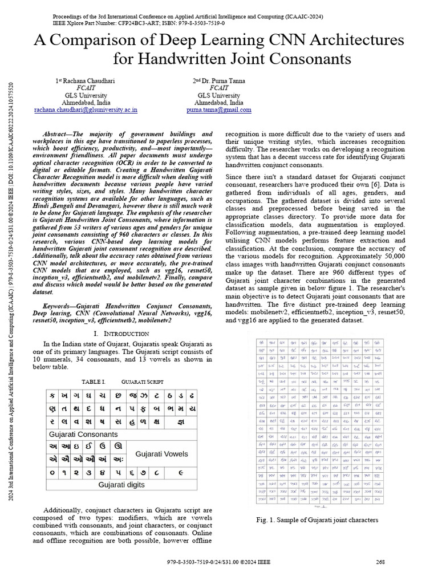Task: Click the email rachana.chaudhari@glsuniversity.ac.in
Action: pyautogui.click(x=86, y=109)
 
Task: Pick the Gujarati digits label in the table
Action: pyautogui.click(x=121, y=485)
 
